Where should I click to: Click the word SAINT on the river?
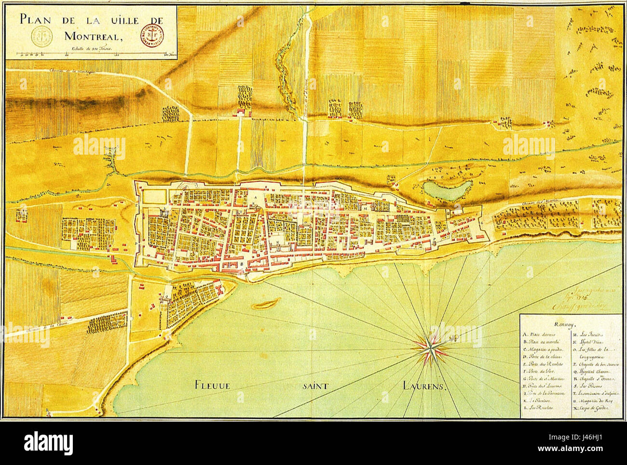pyautogui.click(x=316, y=385)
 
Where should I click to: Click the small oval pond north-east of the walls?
pyautogui.click(x=446, y=189)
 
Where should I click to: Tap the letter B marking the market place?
pyautogui.click(x=241, y=264)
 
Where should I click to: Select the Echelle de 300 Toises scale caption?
pyautogui.click(x=91, y=48)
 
